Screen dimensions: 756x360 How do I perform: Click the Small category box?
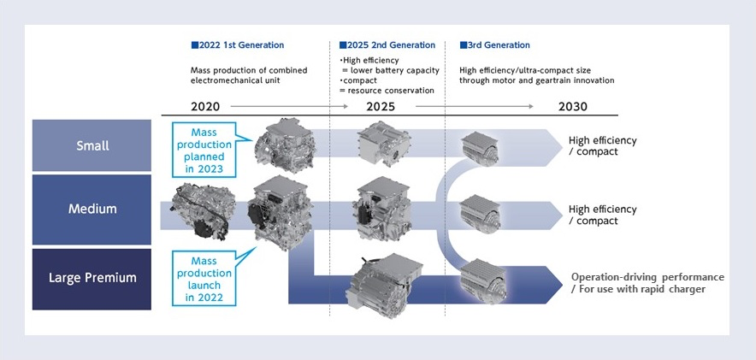(x=92, y=145)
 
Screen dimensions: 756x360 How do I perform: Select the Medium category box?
(x=92, y=210)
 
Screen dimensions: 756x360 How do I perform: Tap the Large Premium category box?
(x=92, y=279)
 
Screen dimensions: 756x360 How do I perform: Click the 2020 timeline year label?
(x=205, y=107)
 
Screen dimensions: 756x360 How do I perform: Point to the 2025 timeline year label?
(x=381, y=107)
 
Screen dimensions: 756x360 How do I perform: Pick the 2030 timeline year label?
(x=573, y=107)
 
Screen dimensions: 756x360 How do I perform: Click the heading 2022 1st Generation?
(x=238, y=45)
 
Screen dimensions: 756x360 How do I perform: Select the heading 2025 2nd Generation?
(x=387, y=45)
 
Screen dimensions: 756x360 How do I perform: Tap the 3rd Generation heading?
(x=494, y=45)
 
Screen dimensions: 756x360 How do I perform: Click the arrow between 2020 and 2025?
(x=289, y=106)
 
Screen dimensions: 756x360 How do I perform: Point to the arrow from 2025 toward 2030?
(x=475, y=106)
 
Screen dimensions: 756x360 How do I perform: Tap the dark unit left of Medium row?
(x=204, y=210)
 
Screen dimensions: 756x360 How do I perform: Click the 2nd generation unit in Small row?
(x=384, y=143)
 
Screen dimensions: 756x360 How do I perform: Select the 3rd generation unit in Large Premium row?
(x=481, y=283)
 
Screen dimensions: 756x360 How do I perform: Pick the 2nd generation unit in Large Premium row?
(x=385, y=281)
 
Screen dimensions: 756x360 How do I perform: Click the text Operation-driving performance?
(x=647, y=278)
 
